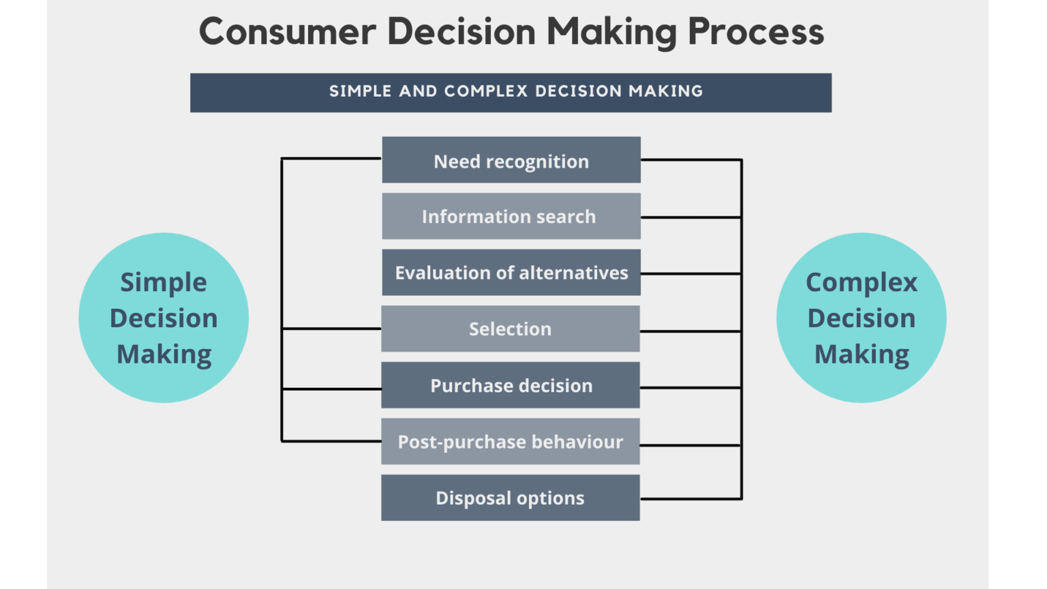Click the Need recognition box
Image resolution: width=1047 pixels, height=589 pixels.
tap(511, 160)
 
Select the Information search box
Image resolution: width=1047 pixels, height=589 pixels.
tap(511, 216)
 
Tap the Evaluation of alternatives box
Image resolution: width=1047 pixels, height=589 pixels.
tap(511, 273)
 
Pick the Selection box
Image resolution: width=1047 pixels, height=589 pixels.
tap(510, 329)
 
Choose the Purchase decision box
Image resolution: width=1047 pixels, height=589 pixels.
tap(510, 385)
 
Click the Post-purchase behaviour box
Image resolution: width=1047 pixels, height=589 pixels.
tap(510, 442)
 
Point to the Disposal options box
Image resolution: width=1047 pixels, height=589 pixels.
tap(510, 498)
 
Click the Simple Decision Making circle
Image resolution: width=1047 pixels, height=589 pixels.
tap(164, 318)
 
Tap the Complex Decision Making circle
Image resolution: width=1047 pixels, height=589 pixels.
tap(861, 318)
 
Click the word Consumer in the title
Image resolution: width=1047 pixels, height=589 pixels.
tap(287, 32)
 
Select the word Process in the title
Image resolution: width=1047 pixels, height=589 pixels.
tap(756, 32)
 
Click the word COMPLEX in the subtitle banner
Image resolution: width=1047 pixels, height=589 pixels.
tap(486, 91)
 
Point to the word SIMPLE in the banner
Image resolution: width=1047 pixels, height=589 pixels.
tap(360, 91)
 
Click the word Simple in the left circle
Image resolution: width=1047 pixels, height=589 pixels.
tap(164, 282)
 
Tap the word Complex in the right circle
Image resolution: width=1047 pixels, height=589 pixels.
tap(862, 282)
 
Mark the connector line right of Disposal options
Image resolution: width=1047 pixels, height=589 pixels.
tap(691, 499)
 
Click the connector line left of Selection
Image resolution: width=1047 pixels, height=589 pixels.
tap(331, 329)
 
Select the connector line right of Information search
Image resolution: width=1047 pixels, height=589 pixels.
tap(691, 217)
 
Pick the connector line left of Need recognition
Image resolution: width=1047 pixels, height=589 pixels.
tap(331, 158)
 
